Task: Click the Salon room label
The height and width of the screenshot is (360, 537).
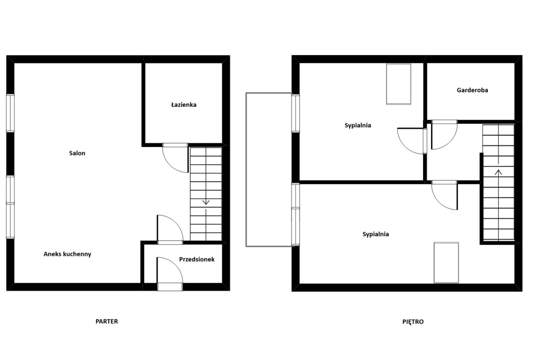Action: tap(77, 153)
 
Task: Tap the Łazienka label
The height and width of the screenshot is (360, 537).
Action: tap(184, 105)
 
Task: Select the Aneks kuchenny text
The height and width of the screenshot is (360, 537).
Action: tap(67, 254)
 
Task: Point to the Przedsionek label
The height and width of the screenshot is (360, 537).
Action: tap(197, 260)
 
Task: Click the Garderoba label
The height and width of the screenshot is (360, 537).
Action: tap(472, 90)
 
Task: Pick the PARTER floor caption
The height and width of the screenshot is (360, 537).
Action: tap(106, 321)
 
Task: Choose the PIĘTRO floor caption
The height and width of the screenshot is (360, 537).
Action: tap(413, 321)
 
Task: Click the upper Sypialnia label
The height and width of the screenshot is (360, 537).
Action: tap(358, 125)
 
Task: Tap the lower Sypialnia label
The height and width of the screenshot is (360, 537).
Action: tap(376, 234)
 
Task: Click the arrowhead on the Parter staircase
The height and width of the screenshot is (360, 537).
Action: tap(206, 202)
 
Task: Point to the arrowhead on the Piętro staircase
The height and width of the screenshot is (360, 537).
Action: tap(498, 172)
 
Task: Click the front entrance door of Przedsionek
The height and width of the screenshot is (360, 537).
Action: tap(170, 274)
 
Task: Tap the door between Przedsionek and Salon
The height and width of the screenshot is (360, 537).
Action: tap(170, 229)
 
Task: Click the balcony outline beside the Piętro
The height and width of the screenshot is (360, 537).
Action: tap(246, 169)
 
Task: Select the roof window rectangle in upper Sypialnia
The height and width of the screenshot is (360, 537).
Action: tap(399, 84)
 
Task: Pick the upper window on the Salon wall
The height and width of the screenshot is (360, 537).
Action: tap(11, 113)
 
